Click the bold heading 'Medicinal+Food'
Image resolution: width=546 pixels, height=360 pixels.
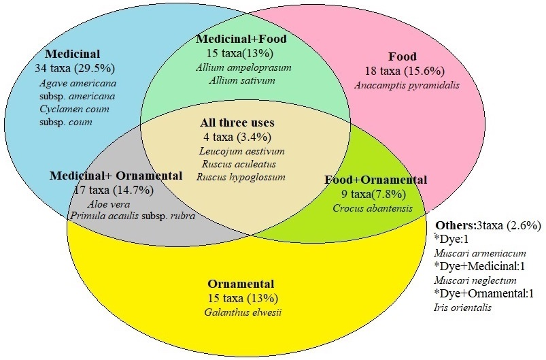coord(241,39)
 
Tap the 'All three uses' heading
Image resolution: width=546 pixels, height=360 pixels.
coord(237,123)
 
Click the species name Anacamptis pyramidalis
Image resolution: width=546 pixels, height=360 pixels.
coord(407,85)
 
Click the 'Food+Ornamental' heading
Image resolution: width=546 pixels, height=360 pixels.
coord(375,180)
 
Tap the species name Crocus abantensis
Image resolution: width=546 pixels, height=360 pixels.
coord(373,208)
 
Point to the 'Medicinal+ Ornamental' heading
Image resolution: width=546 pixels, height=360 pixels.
coord(116,176)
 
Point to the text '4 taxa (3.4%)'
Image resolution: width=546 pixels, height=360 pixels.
coord(239,137)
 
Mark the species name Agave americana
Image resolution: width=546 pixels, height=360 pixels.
coord(77,83)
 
